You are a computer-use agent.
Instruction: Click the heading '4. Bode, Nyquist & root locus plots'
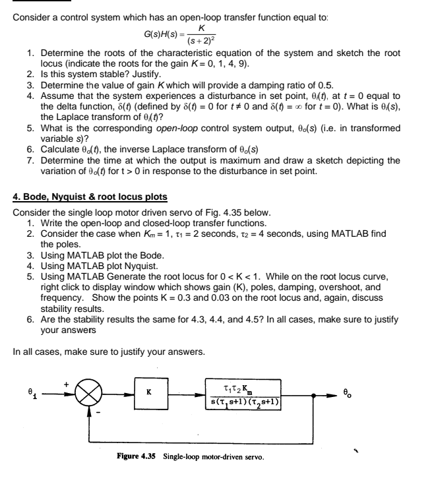(90, 197)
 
